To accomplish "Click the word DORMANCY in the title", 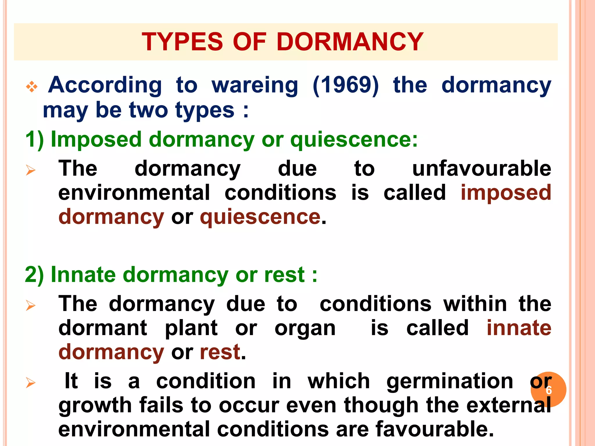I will (350, 42).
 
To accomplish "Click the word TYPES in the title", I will (182, 42).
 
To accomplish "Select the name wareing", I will (255, 86).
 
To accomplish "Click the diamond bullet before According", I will (32, 87).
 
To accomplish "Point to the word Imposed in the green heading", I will (96, 140).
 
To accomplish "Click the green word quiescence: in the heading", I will (354, 140).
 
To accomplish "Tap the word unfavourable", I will (481, 169).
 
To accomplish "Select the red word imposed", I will (506, 193).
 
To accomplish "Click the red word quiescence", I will (260, 217).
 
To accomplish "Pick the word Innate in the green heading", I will (83, 275).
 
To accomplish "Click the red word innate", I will (519, 328).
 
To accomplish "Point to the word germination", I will (449, 381).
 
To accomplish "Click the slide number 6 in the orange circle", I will (549, 390).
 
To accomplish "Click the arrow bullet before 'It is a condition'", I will (31, 383).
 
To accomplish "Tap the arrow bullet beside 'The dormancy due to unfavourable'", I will (31, 170).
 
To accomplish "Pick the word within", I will (475, 304).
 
